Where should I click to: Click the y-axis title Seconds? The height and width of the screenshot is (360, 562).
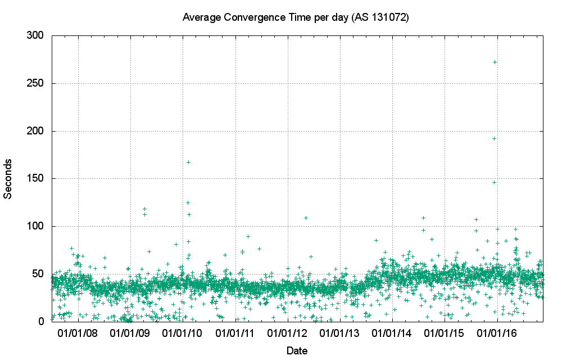8,178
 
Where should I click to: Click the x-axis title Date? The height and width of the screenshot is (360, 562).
297,351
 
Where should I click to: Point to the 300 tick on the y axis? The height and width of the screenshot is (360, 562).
35,35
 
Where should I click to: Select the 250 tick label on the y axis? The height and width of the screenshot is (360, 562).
35,83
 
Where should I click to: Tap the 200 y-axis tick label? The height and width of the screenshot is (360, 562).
35,131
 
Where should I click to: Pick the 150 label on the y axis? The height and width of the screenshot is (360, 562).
35,178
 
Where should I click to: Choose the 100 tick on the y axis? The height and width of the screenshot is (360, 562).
35,226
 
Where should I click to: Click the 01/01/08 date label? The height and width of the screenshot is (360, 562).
79,334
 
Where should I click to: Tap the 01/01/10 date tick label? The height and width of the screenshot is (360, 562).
183,334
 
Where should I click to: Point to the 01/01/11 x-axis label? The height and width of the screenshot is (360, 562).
235,334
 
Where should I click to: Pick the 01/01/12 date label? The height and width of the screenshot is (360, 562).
288,334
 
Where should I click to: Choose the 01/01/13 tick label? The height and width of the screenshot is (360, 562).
340,334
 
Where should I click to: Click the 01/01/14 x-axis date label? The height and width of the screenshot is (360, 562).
392,334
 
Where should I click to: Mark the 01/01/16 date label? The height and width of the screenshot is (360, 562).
497,334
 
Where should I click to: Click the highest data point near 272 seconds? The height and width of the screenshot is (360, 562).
495,62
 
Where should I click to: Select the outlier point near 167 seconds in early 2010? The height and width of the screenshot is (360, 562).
188,162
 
